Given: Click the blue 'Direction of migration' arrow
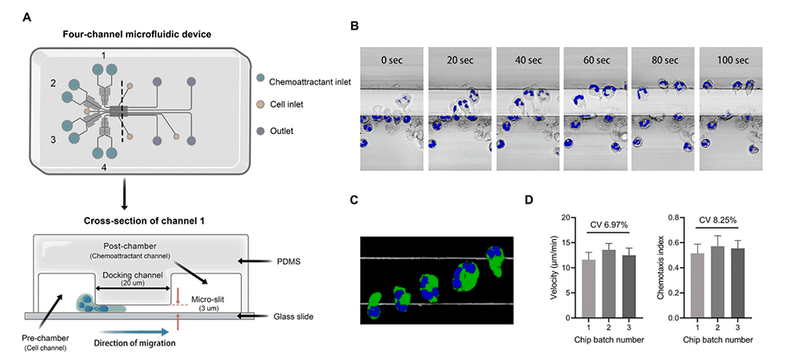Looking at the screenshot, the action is click(x=135, y=331).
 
